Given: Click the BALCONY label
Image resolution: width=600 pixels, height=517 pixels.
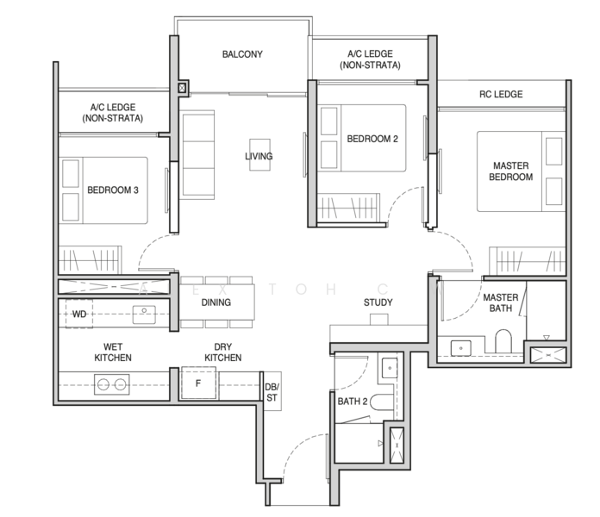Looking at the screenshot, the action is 242,54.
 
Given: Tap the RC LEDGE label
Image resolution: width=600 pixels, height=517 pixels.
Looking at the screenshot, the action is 501,94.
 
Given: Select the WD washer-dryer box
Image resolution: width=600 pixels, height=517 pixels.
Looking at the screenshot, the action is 79,314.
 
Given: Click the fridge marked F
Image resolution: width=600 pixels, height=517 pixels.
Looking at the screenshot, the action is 198,383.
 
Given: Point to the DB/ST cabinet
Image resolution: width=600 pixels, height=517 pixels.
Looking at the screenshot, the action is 272,391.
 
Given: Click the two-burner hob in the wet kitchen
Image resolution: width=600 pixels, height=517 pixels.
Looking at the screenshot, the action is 112,384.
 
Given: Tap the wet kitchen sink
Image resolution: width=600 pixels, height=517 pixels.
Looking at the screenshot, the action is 144,315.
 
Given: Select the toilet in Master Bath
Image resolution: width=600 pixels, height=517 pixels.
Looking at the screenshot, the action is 503,340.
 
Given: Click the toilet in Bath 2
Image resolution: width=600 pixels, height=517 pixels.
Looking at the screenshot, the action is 382,402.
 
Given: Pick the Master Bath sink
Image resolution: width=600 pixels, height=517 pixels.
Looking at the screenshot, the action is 460,348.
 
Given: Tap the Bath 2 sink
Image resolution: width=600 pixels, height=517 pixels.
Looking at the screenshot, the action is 390,368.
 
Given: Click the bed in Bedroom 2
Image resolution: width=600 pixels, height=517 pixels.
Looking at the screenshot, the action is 361,138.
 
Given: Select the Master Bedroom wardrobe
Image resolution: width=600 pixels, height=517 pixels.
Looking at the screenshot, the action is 528,261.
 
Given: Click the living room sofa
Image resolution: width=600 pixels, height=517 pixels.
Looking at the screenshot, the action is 197,155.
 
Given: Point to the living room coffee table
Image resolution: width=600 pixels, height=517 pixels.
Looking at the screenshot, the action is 259,154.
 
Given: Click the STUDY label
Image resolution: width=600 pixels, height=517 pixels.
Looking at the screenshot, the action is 378,302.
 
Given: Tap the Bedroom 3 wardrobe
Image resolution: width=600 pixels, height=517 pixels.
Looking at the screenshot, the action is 91,260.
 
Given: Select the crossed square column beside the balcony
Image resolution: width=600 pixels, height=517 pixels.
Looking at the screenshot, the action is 182,89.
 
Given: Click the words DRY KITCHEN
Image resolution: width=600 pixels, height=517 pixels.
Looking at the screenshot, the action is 222,352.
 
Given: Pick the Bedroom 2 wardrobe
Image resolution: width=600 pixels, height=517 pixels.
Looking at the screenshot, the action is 348,208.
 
